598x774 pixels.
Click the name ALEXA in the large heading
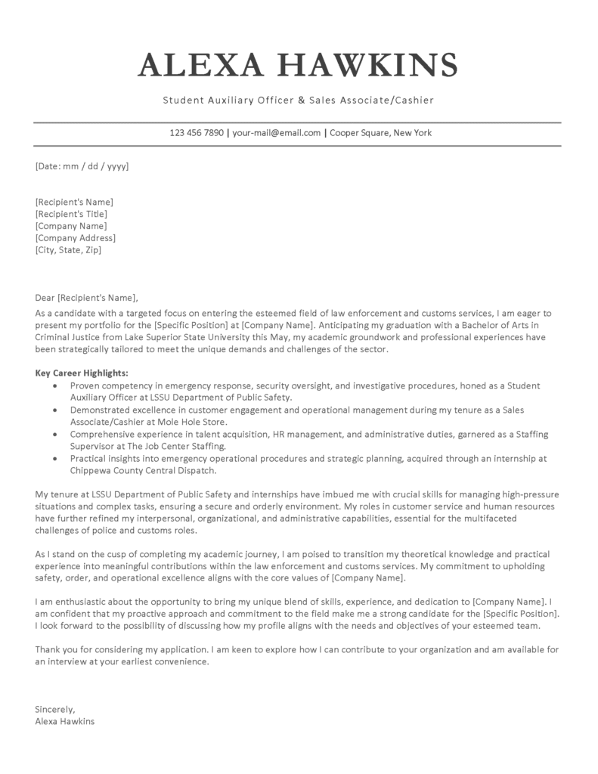tap(195, 65)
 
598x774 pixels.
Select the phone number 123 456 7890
tap(197, 133)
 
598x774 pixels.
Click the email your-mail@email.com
tap(276, 133)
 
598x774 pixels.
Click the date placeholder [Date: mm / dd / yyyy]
tap(82, 166)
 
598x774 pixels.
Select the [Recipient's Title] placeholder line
tap(70, 214)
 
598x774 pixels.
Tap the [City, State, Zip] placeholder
tap(68, 250)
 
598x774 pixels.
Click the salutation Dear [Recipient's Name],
tap(87, 297)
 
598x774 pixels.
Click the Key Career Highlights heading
tap(82, 373)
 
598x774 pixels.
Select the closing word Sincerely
tap(54, 709)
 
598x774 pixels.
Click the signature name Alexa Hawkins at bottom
tap(65, 721)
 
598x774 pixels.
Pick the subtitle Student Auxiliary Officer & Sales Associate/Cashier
tap(298, 100)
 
